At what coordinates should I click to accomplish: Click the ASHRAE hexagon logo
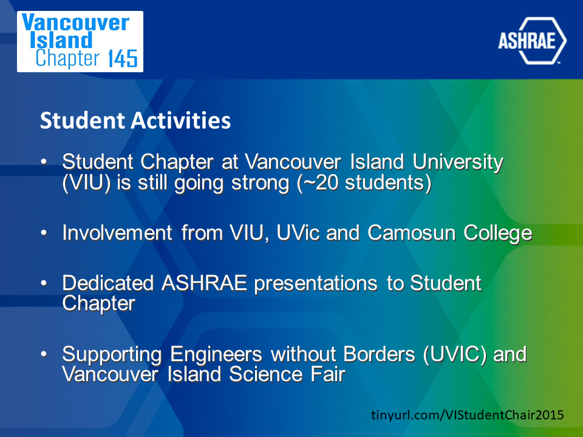[532, 41]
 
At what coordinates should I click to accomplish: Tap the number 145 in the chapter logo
[123, 59]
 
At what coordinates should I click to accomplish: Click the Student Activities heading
[135, 120]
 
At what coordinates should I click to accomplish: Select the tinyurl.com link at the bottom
[468, 415]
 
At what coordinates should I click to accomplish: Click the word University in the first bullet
[458, 163]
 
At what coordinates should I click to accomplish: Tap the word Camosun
[412, 233]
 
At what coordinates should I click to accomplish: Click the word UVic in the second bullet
[298, 233]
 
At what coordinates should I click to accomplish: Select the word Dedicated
[108, 283]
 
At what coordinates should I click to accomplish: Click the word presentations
[316, 284]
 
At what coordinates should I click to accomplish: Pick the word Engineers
[216, 354]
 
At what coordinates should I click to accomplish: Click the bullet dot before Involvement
[44, 233]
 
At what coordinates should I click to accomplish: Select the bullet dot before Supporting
[44, 354]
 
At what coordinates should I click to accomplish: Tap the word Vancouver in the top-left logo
[75, 22]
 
